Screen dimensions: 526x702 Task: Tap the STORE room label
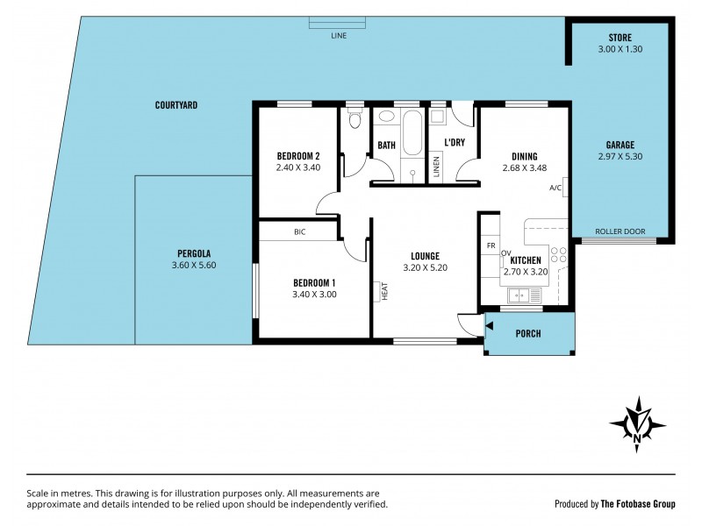(x=620, y=38)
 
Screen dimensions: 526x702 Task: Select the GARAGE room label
(x=620, y=145)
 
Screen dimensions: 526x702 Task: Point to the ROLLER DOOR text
(x=620, y=231)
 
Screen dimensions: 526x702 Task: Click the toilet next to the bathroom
(x=355, y=119)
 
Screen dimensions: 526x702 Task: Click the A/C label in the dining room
(x=555, y=188)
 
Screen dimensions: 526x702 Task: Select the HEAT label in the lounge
(x=383, y=291)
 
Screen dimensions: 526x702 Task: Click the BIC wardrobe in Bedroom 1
(x=298, y=231)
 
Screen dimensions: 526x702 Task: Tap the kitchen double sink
(x=525, y=295)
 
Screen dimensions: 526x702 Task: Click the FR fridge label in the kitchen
(x=491, y=246)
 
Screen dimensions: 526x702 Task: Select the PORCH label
(x=528, y=334)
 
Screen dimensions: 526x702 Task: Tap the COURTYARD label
(x=176, y=105)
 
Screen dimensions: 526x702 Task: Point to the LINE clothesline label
(x=339, y=36)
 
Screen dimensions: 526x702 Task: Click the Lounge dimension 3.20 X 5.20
(x=426, y=268)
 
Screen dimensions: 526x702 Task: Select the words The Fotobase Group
(x=638, y=504)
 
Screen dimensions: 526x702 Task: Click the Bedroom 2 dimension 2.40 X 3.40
(x=298, y=167)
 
